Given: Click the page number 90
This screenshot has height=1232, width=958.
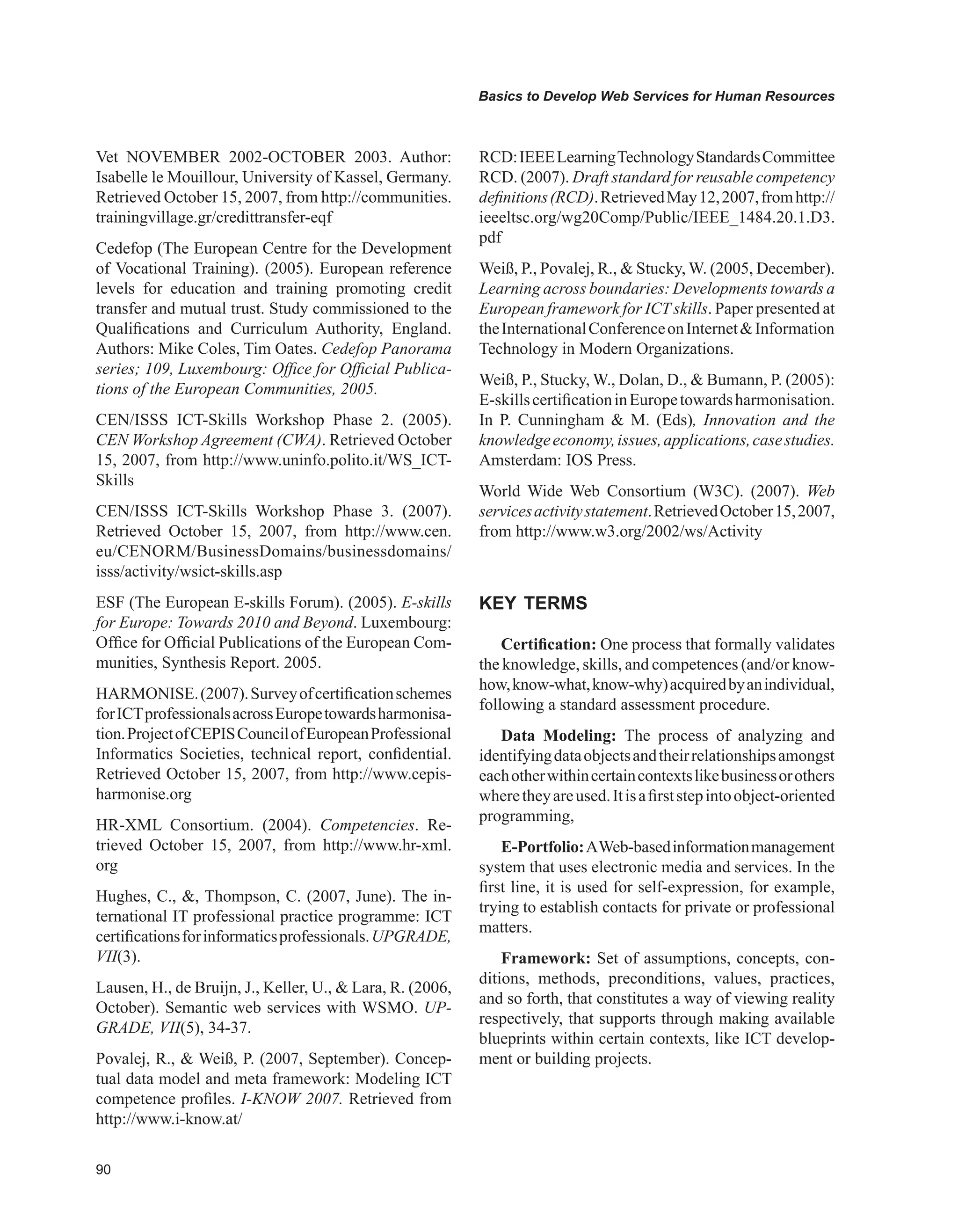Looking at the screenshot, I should point(103,1169).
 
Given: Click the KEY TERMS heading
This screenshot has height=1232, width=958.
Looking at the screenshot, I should point(532,604).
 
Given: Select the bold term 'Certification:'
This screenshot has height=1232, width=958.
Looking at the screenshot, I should point(549,644).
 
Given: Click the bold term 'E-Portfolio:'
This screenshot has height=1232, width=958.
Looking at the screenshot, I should point(543,847).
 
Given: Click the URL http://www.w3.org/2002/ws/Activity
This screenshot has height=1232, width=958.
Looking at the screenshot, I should point(639,532).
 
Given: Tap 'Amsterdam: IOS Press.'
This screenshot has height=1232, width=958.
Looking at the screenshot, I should point(557,460).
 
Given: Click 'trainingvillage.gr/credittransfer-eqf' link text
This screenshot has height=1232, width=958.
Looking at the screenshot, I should point(214,218).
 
